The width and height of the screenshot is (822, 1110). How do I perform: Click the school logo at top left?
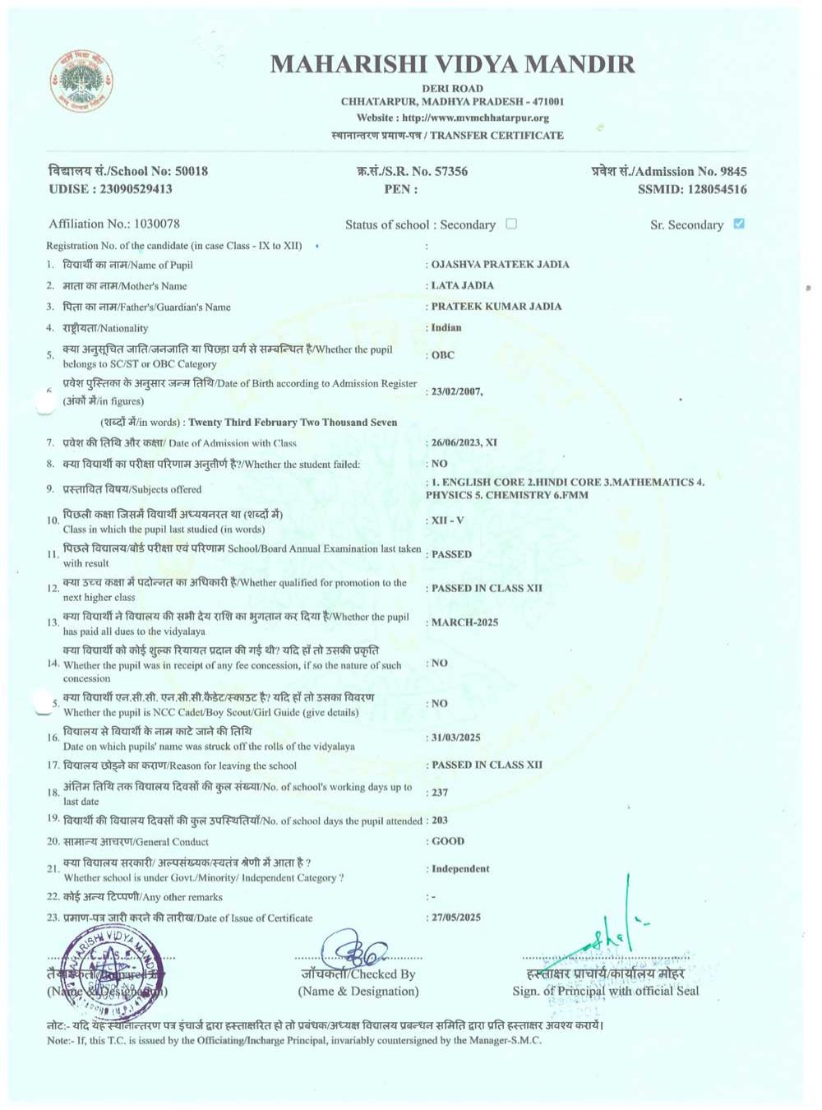pos(81,82)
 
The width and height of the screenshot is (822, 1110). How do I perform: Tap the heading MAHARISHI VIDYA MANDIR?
pos(452,64)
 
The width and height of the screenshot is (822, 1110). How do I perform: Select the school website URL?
pos(475,118)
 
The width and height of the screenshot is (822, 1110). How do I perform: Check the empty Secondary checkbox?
pos(511,224)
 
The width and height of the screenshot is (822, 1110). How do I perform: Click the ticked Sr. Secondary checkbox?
pos(738,224)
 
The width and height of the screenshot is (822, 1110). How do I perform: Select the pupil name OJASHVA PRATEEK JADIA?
pos(500,265)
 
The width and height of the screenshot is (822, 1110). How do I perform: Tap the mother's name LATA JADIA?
pos(462,285)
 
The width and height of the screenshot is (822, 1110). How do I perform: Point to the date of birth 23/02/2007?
pos(456,391)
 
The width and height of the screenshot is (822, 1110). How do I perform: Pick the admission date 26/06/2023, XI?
pos(464,442)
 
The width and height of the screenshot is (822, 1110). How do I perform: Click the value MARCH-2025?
pos(464,622)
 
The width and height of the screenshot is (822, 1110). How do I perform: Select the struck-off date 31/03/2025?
pos(456,738)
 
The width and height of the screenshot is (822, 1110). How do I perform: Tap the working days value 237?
pos(440,793)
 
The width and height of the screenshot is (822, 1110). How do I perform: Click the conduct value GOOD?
pos(448,841)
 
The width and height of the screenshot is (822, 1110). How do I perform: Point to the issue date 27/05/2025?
pos(456,918)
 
